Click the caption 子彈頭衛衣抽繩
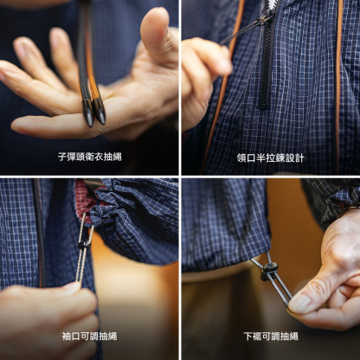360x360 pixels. pyautogui.click(x=90, y=158)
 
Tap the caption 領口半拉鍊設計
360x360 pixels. pyautogui.click(x=271, y=158)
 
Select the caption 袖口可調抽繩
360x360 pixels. pyautogui.click(x=90, y=336)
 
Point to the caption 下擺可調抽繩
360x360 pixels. pyautogui.click(x=271, y=336)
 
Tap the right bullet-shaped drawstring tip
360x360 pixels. pyautogui.click(x=100, y=110)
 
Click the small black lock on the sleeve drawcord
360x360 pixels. pyautogui.click(x=84, y=243)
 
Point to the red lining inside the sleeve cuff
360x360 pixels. pyautogui.click(x=83, y=199)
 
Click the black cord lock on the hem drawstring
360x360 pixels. pyautogui.click(x=269, y=272)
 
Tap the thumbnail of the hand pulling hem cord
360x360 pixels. pyautogui.click(x=300, y=302)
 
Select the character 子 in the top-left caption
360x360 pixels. pyautogui.click(x=62, y=158)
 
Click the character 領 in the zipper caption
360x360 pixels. pyautogui.click(x=243, y=158)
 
